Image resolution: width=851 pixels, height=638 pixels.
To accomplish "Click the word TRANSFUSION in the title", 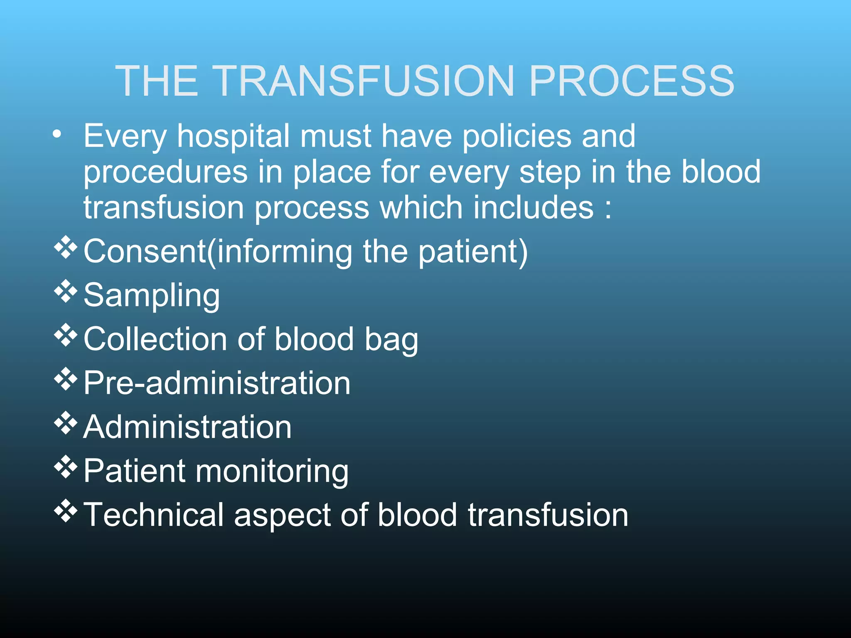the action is click(x=366, y=81).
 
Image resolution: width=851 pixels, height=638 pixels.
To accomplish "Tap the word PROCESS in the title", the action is click(x=632, y=81).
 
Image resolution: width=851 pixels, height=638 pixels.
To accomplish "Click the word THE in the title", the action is click(x=157, y=81).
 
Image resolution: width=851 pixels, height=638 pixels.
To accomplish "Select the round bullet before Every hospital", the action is click(x=57, y=134).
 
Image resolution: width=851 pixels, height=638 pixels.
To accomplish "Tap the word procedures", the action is click(x=165, y=173).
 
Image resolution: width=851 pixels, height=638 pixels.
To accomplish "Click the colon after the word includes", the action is click(x=608, y=209).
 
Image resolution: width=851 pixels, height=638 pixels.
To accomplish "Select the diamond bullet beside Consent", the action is click(x=66, y=247).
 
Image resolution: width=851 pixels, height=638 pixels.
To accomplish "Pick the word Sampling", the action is click(x=151, y=296).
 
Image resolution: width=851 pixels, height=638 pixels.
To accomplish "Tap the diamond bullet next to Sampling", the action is click(x=66, y=291).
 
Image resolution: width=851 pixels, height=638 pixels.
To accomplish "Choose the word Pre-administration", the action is click(x=217, y=383).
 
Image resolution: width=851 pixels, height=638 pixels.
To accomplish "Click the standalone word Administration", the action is click(x=187, y=427).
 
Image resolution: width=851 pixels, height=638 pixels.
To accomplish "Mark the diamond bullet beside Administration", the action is click(x=66, y=423).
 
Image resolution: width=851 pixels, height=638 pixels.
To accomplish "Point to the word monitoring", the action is click(x=272, y=472).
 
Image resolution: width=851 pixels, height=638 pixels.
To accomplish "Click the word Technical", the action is click(x=154, y=515).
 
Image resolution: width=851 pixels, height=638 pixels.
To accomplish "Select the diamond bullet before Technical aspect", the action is click(x=66, y=510).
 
